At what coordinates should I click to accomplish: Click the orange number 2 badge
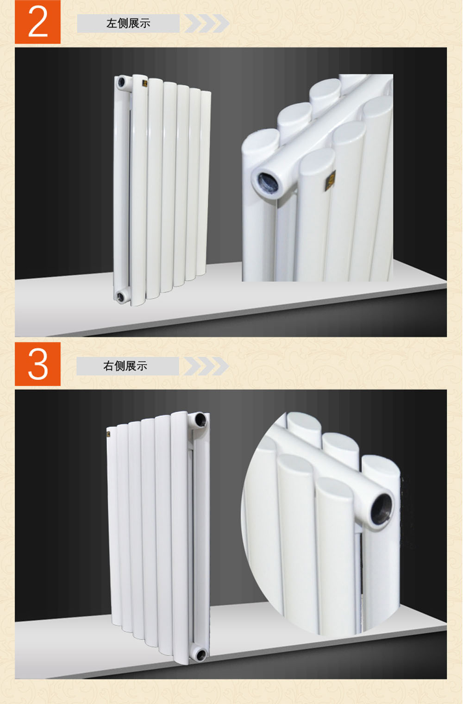38,22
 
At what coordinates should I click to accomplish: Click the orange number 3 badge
38,364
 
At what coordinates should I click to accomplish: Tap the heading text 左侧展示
128,24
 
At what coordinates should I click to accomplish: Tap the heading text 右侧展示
125,366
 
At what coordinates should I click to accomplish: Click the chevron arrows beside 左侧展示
207,23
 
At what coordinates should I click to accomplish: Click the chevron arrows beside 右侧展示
206,366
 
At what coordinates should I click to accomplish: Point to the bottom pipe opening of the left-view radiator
120,296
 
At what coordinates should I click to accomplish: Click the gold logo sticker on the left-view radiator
145,83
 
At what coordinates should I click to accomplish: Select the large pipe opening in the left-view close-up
268,182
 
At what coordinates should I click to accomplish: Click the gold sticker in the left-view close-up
330,180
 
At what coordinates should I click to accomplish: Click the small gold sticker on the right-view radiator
108,434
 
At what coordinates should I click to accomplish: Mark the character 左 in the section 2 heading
112,24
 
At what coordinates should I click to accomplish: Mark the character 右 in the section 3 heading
108,366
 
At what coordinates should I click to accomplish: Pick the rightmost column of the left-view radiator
204,183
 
